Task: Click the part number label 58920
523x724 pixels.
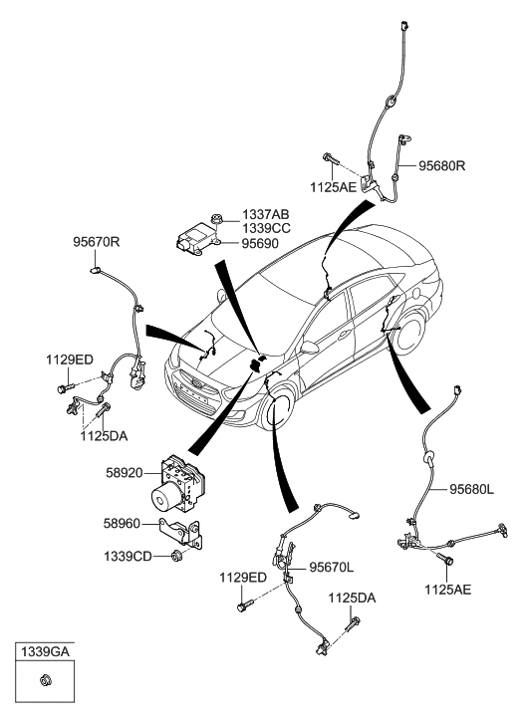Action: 124,473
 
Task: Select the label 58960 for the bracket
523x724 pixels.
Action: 122,524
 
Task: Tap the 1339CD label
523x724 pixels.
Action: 128,557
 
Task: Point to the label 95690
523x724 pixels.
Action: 260,243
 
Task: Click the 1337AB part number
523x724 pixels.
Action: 266,215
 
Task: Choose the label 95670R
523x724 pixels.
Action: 96,241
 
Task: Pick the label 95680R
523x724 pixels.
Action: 441,165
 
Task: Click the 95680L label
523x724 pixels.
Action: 472,489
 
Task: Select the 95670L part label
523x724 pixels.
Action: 332,568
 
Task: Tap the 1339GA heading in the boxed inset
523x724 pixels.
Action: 45,651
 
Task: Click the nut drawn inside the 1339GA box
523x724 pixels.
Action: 45,680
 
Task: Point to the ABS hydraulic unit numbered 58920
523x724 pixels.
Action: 178,483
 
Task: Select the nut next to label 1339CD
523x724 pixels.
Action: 175,556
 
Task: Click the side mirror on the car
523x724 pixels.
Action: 309,347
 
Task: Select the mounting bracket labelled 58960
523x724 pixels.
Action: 181,533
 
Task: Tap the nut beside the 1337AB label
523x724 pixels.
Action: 216,219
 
